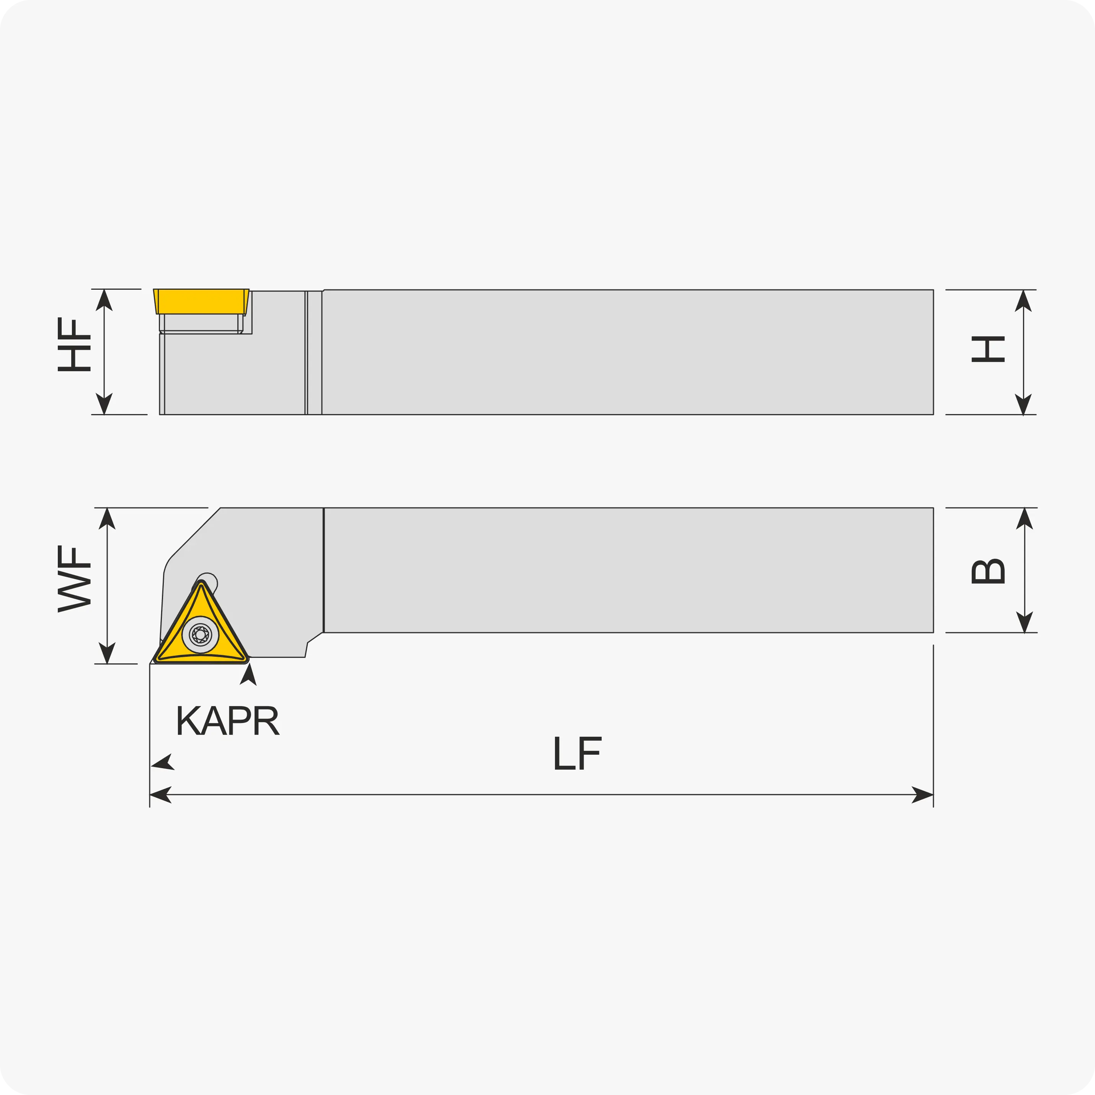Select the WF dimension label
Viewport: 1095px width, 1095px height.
74,579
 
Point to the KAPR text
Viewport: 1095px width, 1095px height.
228,720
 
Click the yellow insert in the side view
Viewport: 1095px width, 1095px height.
201,302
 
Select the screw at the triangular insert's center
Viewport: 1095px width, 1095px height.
200,635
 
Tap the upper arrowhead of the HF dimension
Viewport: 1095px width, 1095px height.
104,300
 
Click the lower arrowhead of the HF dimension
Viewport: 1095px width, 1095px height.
104,403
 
